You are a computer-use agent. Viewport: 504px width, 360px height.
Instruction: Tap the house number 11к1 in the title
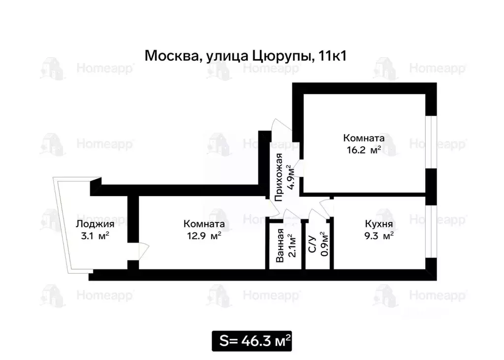(333, 56)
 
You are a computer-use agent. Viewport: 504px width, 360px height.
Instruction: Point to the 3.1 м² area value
(94, 236)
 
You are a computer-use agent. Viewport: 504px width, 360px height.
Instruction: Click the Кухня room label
(378, 224)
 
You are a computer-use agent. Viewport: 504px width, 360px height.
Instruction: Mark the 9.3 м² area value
(379, 236)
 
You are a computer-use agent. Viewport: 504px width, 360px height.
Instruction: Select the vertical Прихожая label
(279, 178)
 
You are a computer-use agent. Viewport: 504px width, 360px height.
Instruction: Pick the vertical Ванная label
(280, 245)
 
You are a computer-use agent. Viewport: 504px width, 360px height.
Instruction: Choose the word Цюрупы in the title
(283, 56)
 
